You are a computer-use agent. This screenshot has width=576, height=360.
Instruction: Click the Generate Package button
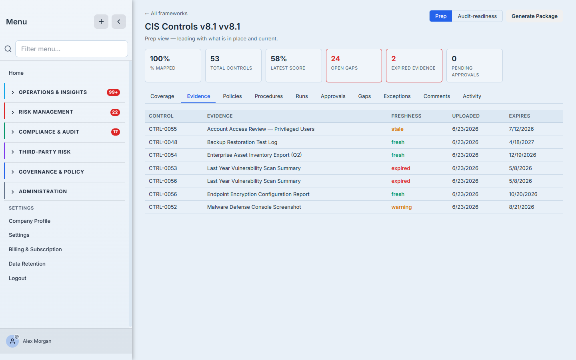pyautogui.click(x=534, y=16)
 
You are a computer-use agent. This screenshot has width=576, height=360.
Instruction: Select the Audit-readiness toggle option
pyautogui.click(x=477, y=16)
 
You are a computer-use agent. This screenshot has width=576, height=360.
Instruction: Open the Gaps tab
pyautogui.click(x=364, y=96)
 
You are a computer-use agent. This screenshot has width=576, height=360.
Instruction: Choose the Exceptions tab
pyautogui.click(x=397, y=96)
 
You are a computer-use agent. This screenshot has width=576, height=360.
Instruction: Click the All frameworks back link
pyautogui.click(x=166, y=13)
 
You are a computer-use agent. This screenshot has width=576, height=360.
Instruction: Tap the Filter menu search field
pyautogui.click(x=72, y=49)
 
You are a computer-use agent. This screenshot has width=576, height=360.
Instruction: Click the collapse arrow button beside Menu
pyautogui.click(x=118, y=22)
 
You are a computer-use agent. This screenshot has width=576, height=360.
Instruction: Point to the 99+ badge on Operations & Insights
pyautogui.click(x=113, y=92)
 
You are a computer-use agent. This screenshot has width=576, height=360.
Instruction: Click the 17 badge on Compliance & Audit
pyautogui.click(x=116, y=132)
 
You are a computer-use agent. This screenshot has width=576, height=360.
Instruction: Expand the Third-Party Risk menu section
pyautogui.click(x=44, y=152)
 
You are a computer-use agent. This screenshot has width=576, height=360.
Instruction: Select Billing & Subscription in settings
pyautogui.click(x=35, y=250)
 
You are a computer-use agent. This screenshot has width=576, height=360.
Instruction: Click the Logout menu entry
pyautogui.click(x=18, y=278)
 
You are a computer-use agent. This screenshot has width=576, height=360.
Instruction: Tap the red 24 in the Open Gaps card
pyautogui.click(x=335, y=59)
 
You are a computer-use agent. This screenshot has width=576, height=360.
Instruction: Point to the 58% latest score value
pyautogui.click(x=278, y=59)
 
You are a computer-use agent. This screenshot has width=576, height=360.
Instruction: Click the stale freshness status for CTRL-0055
pyautogui.click(x=397, y=129)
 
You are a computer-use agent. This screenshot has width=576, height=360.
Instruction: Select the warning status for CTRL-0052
pyautogui.click(x=402, y=207)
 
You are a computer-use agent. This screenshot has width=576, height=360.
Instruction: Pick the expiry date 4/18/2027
pyautogui.click(x=521, y=142)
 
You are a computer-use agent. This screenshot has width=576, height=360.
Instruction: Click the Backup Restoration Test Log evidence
pyautogui.click(x=242, y=142)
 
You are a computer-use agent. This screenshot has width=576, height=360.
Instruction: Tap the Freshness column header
pyautogui.click(x=406, y=116)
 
